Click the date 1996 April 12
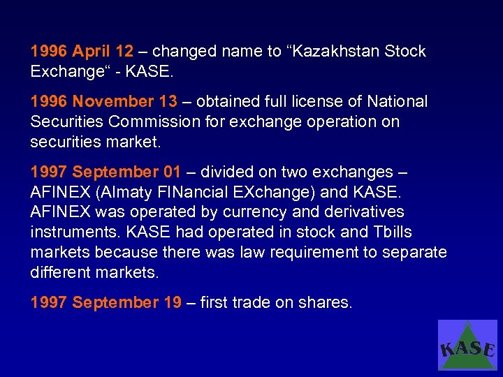(82, 52)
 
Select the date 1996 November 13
(103, 102)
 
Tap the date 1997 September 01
(105, 172)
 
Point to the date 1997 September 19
(105, 303)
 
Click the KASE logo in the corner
(467, 345)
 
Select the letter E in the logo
(490, 350)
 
